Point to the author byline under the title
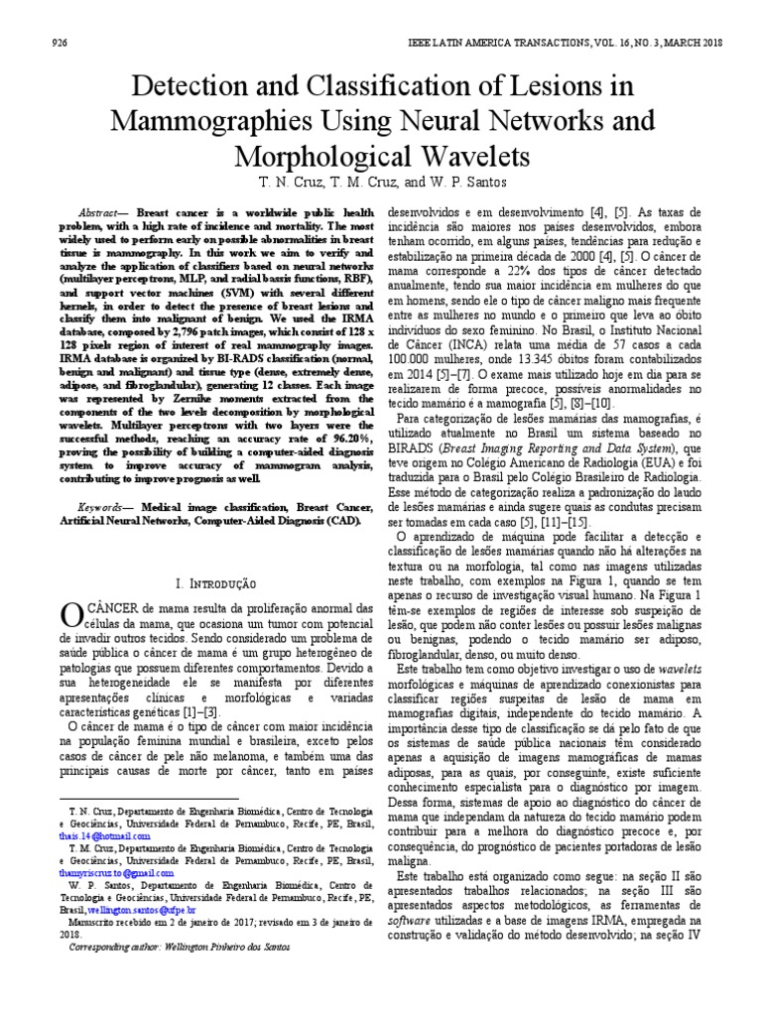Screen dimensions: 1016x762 coord(381,185)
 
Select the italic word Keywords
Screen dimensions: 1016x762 coord(102,506)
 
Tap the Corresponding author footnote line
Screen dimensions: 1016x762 coord(179,947)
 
